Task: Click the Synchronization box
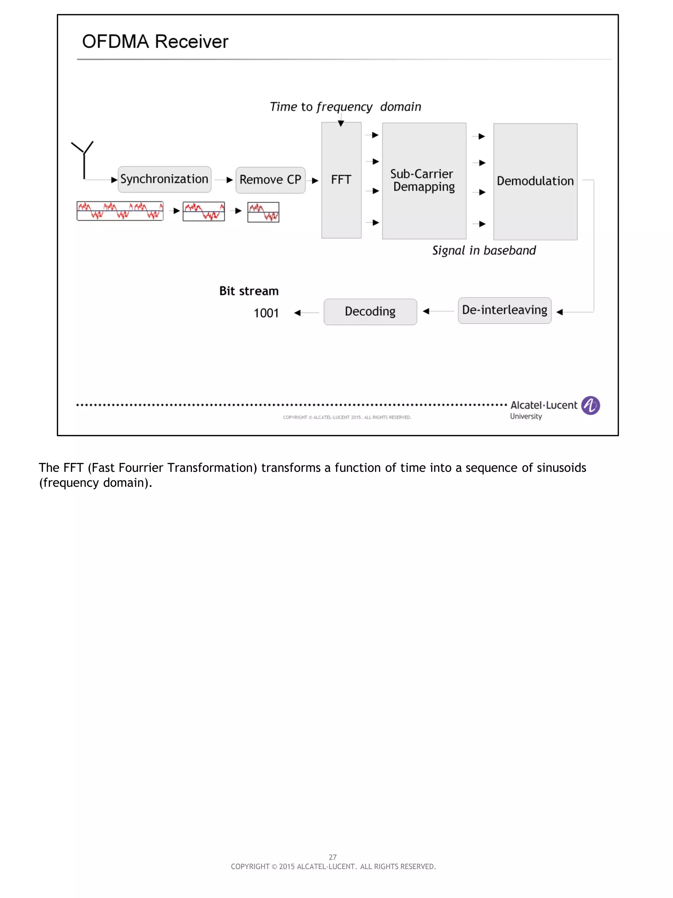(164, 179)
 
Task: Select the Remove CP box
(270, 180)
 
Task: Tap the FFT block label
(341, 180)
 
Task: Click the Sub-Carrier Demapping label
(423, 180)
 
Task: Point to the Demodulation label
(535, 181)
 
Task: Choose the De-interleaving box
(504, 310)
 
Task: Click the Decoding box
(370, 311)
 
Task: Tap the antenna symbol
(83, 158)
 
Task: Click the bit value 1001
(266, 313)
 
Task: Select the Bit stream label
(249, 291)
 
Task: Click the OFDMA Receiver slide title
(155, 42)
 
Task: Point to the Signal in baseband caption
(483, 251)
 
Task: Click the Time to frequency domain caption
(345, 107)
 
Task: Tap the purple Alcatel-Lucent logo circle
(590, 405)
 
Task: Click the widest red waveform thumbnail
(120, 211)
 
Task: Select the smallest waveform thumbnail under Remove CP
(263, 212)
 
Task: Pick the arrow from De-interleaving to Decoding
(437, 311)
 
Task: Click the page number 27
(333, 857)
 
